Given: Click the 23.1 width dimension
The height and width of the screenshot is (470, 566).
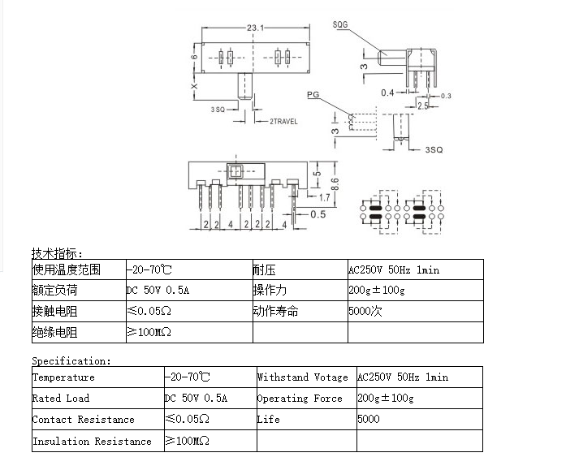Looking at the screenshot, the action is (x=255, y=28).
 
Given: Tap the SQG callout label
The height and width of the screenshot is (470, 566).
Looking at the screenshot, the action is (x=340, y=24).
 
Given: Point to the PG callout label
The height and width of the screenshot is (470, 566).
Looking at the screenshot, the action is (x=313, y=94).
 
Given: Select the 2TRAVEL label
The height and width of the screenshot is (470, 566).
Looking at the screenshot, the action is (x=283, y=122).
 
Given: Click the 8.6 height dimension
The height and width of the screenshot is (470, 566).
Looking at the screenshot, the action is (x=335, y=184).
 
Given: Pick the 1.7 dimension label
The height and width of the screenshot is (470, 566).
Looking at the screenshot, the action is (x=324, y=197).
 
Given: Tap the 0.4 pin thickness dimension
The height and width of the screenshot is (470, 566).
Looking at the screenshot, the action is (x=387, y=93).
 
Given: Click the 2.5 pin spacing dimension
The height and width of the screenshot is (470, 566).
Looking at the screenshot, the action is (x=423, y=106).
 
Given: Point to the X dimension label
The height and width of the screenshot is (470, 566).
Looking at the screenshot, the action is (x=194, y=86).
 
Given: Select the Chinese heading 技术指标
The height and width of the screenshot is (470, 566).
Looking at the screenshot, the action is (x=57, y=253).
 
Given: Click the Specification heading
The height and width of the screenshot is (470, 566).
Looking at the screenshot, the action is (x=71, y=360).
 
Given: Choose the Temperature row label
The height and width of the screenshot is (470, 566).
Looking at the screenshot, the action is (x=64, y=377).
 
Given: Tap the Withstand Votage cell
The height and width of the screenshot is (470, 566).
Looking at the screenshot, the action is (x=303, y=377).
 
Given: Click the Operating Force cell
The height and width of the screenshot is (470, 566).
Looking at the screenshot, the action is (x=300, y=399).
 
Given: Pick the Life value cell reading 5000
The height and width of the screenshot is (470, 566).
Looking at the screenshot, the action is (x=369, y=419).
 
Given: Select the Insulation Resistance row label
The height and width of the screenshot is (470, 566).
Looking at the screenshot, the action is (x=92, y=441).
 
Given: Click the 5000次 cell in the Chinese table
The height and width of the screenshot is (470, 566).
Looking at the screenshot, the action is (x=365, y=311).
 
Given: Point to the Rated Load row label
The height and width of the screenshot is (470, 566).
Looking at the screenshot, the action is (x=61, y=399).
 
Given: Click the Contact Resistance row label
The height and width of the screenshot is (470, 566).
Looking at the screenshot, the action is (x=84, y=420).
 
